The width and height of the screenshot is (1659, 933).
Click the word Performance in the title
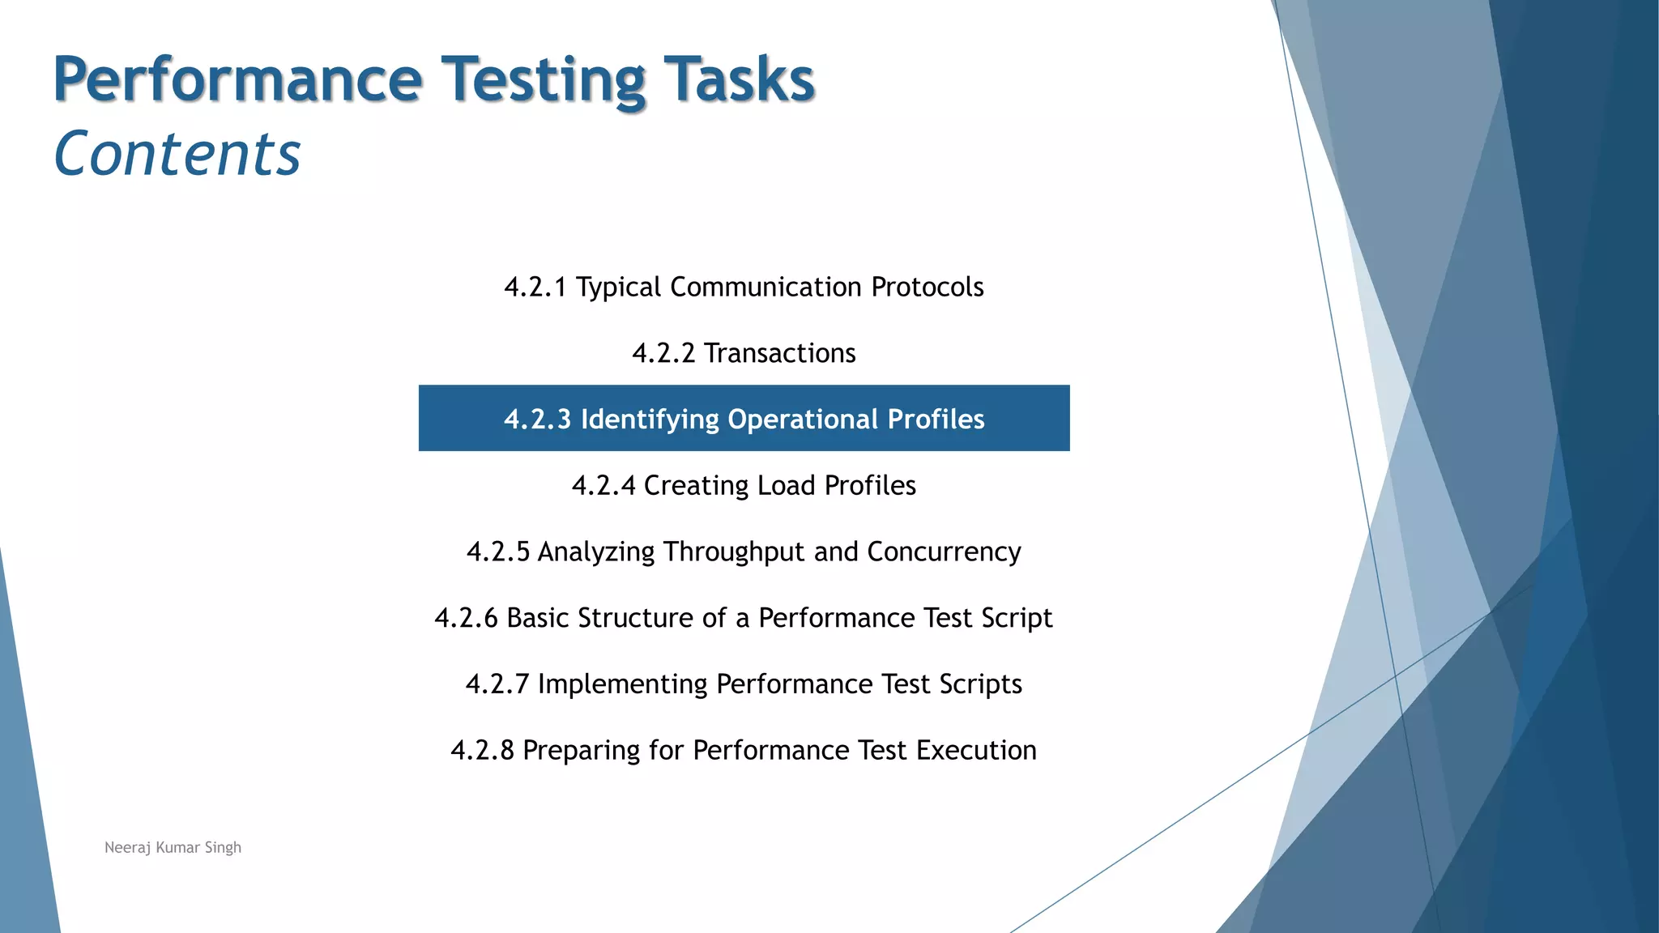237,79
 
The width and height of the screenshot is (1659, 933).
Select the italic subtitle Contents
177,154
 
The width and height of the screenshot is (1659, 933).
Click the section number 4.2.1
535,287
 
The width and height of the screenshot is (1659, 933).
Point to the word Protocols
927,287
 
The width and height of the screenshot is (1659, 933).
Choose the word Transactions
779,353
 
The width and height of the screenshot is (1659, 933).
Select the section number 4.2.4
603,485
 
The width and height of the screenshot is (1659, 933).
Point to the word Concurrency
944,552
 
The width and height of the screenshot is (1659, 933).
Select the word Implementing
622,684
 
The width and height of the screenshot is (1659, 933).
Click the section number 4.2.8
482,750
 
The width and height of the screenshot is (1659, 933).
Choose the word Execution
976,750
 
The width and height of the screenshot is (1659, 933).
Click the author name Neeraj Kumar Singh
173,847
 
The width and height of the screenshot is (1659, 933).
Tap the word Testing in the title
543,79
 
